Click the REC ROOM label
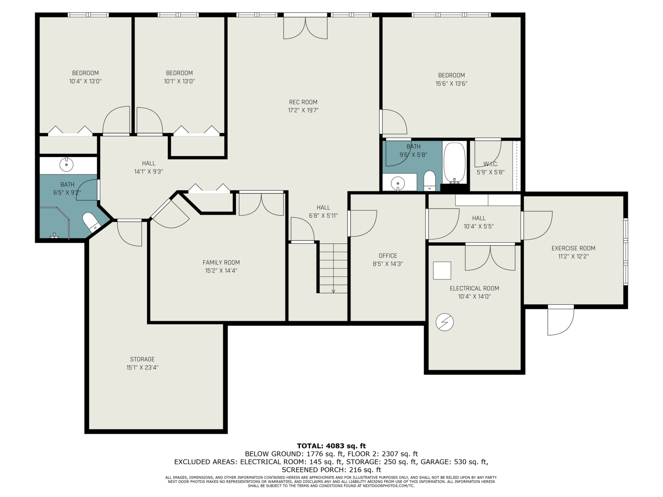tap(303, 102)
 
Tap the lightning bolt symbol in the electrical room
tap(445, 322)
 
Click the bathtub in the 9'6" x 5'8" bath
tap(454, 163)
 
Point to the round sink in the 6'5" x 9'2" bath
tap(66, 165)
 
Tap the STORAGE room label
tap(142, 359)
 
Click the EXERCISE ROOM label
tap(573, 248)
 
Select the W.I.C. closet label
tap(491, 164)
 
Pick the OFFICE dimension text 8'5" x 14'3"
tap(387, 264)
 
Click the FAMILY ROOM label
tap(221, 263)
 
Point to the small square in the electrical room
tap(442, 270)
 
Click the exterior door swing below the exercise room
tap(561, 320)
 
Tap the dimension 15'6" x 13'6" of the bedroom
tap(451, 84)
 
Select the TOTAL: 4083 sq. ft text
tap(331, 446)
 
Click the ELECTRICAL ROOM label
tap(474, 289)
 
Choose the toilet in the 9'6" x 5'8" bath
tap(429, 181)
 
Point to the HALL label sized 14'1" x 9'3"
tap(149, 164)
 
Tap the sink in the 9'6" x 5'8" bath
tap(398, 183)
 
